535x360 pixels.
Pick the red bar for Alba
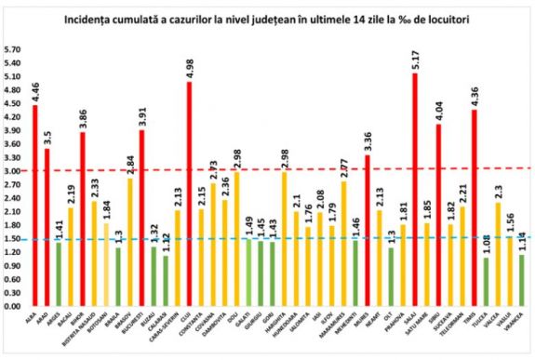click(34, 205)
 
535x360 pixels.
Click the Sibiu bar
click(438, 215)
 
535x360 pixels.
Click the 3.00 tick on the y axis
click(12, 171)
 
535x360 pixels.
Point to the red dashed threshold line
click(279, 169)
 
